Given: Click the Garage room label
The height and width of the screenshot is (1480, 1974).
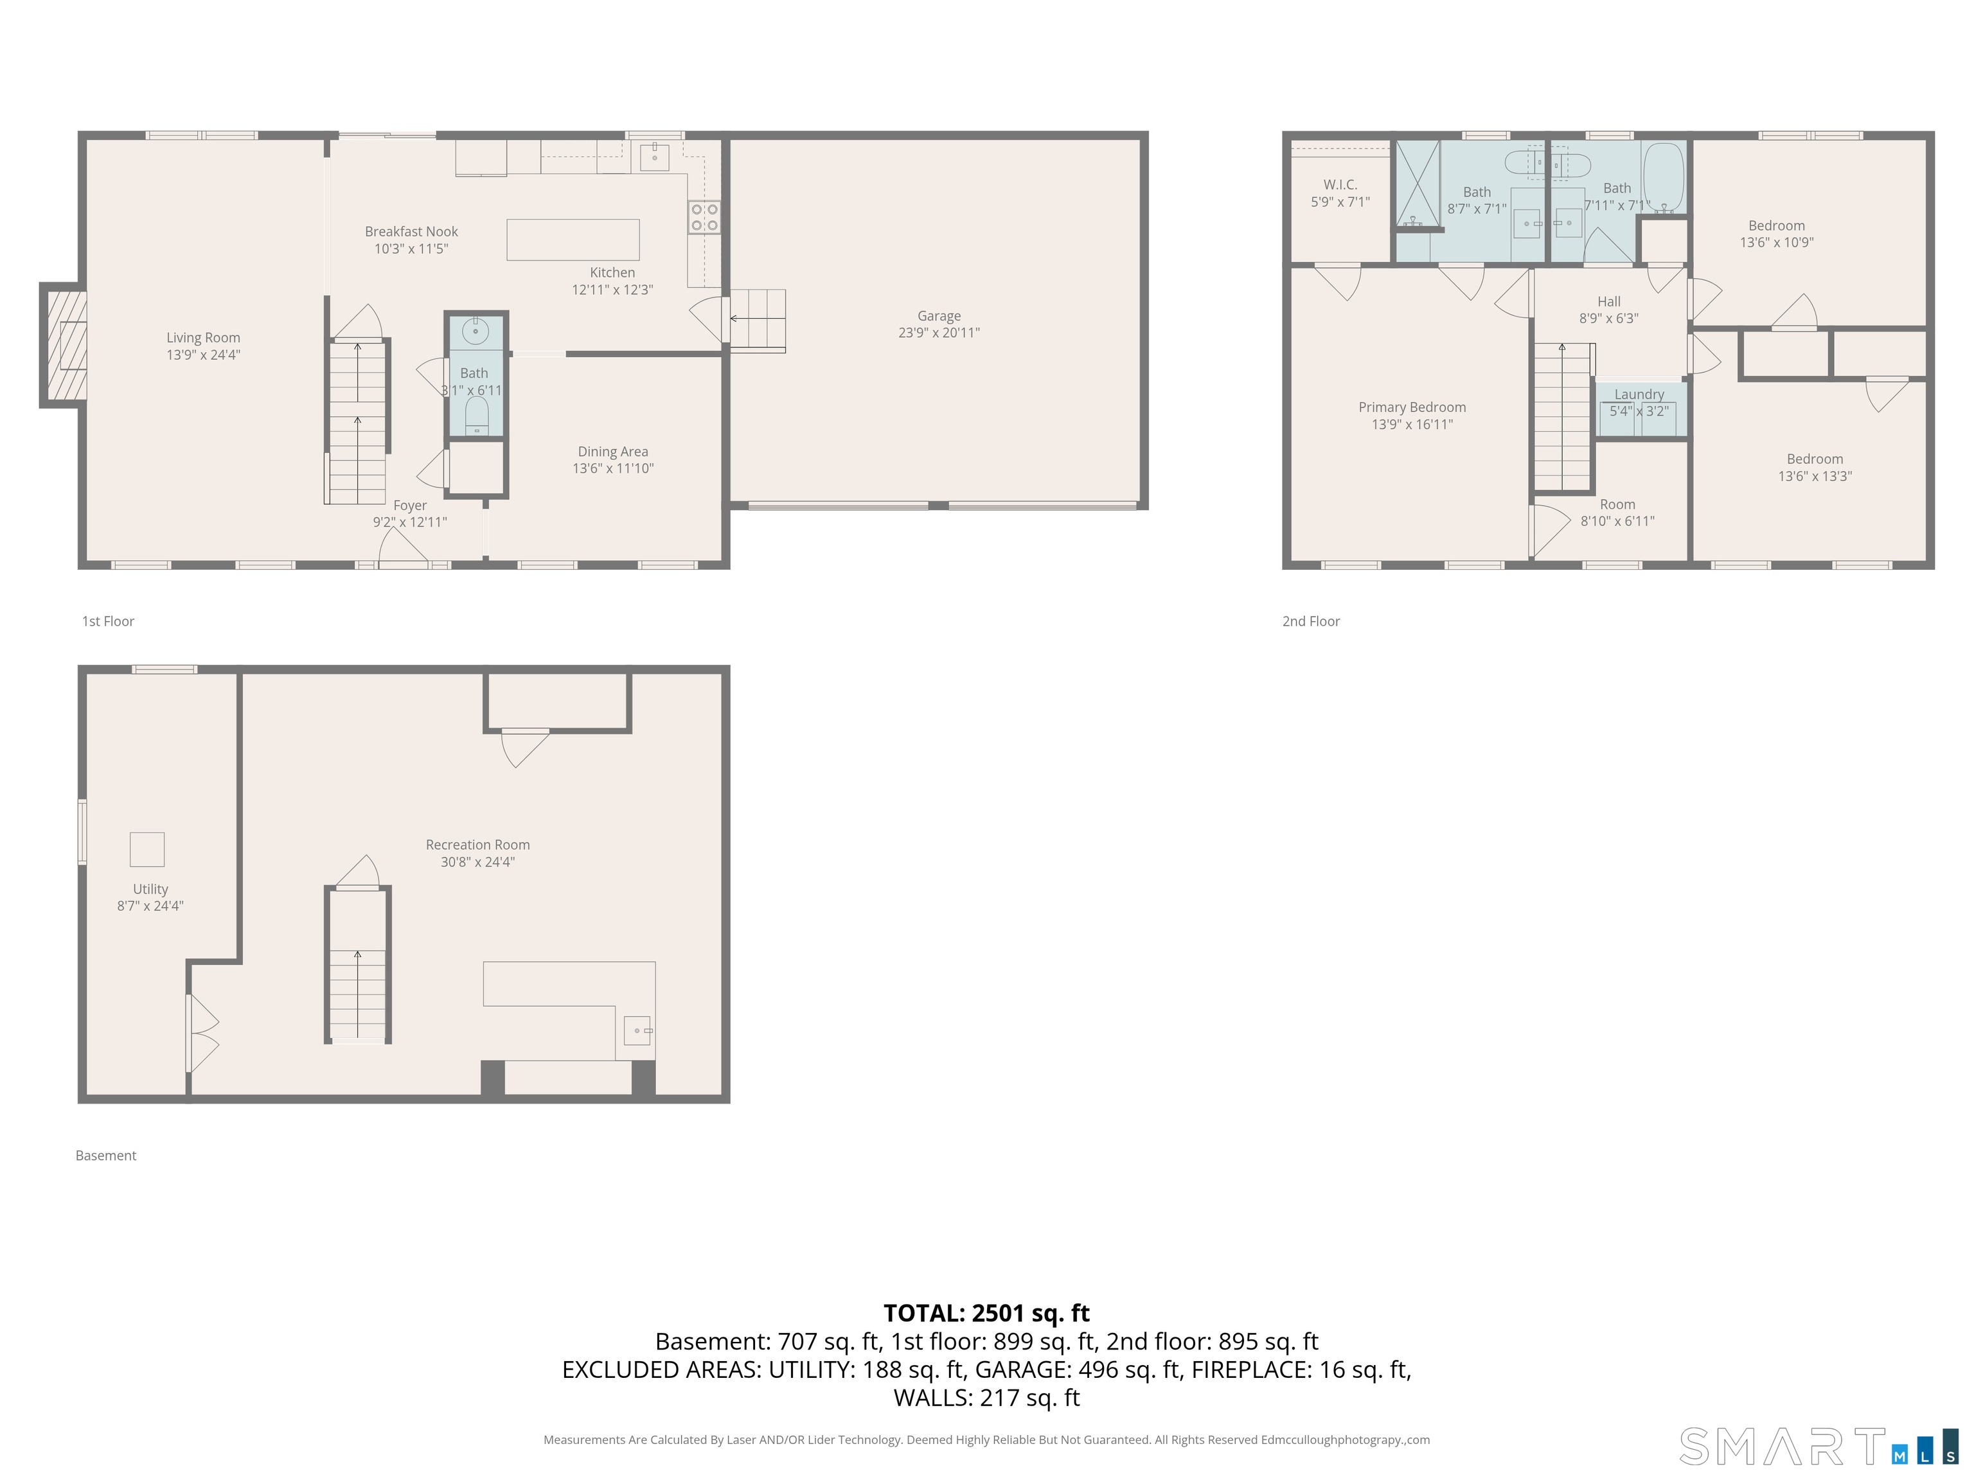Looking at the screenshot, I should pyautogui.click(x=938, y=316).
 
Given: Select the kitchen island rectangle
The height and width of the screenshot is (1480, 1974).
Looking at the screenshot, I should pyautogui.click(x=573, y=240).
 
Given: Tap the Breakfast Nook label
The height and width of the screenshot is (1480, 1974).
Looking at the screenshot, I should pyautogui.click(x=411, y=232).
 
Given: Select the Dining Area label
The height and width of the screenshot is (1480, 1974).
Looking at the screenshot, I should pyautogui.click(x=612, y=452).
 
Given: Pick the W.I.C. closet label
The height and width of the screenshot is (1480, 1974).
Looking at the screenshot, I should pyautogui.click(x=1340, y=184).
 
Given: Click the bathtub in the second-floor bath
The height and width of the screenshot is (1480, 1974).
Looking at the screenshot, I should pyautogui.click(x=1664, y=177).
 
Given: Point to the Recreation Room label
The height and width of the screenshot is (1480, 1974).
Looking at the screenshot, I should pyautogui.click(x=477, y=845).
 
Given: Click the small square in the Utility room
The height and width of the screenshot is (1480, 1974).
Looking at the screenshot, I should pyautogui.click(x=147, y=849).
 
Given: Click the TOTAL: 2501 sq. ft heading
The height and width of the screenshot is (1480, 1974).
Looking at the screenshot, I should pyautogui.click(x=986, y=1313).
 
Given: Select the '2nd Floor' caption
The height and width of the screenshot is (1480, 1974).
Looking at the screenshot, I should pyautogui.click(x=1310, y=622).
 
